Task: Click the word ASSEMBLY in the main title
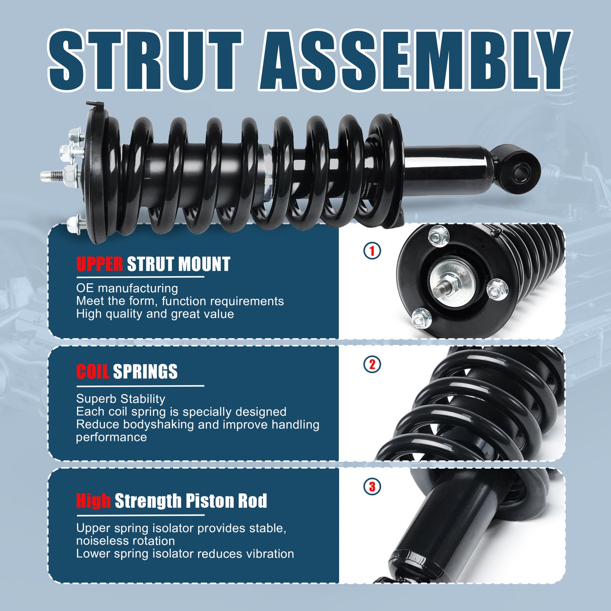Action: point(415,60)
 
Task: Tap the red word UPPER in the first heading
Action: point(99,264)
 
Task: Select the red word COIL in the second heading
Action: point(93,371)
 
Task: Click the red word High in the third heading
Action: point(93,501)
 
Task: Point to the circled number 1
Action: point(372,251)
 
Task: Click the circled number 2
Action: point(372,364)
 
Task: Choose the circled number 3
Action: point(372,487)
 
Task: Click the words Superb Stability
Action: point(121,399)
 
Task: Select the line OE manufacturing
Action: point(127,288)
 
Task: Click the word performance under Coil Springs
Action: point(111,438)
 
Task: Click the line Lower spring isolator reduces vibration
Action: point(185,553)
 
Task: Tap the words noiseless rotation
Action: point(125,541)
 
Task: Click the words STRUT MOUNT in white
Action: point(178,264)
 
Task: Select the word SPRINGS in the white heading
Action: point(145,371)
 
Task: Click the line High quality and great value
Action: point(155,314)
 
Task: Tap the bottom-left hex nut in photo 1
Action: point(422,318)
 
